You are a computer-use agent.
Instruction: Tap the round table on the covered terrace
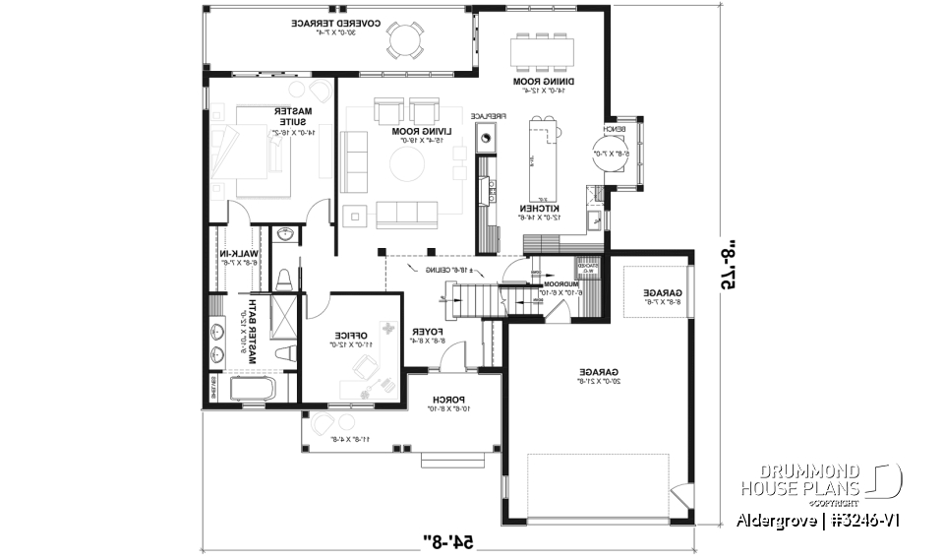tap(403, 40)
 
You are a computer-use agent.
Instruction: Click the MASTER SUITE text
tap(291, 117)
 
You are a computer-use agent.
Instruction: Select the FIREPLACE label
tap(487, 116)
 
